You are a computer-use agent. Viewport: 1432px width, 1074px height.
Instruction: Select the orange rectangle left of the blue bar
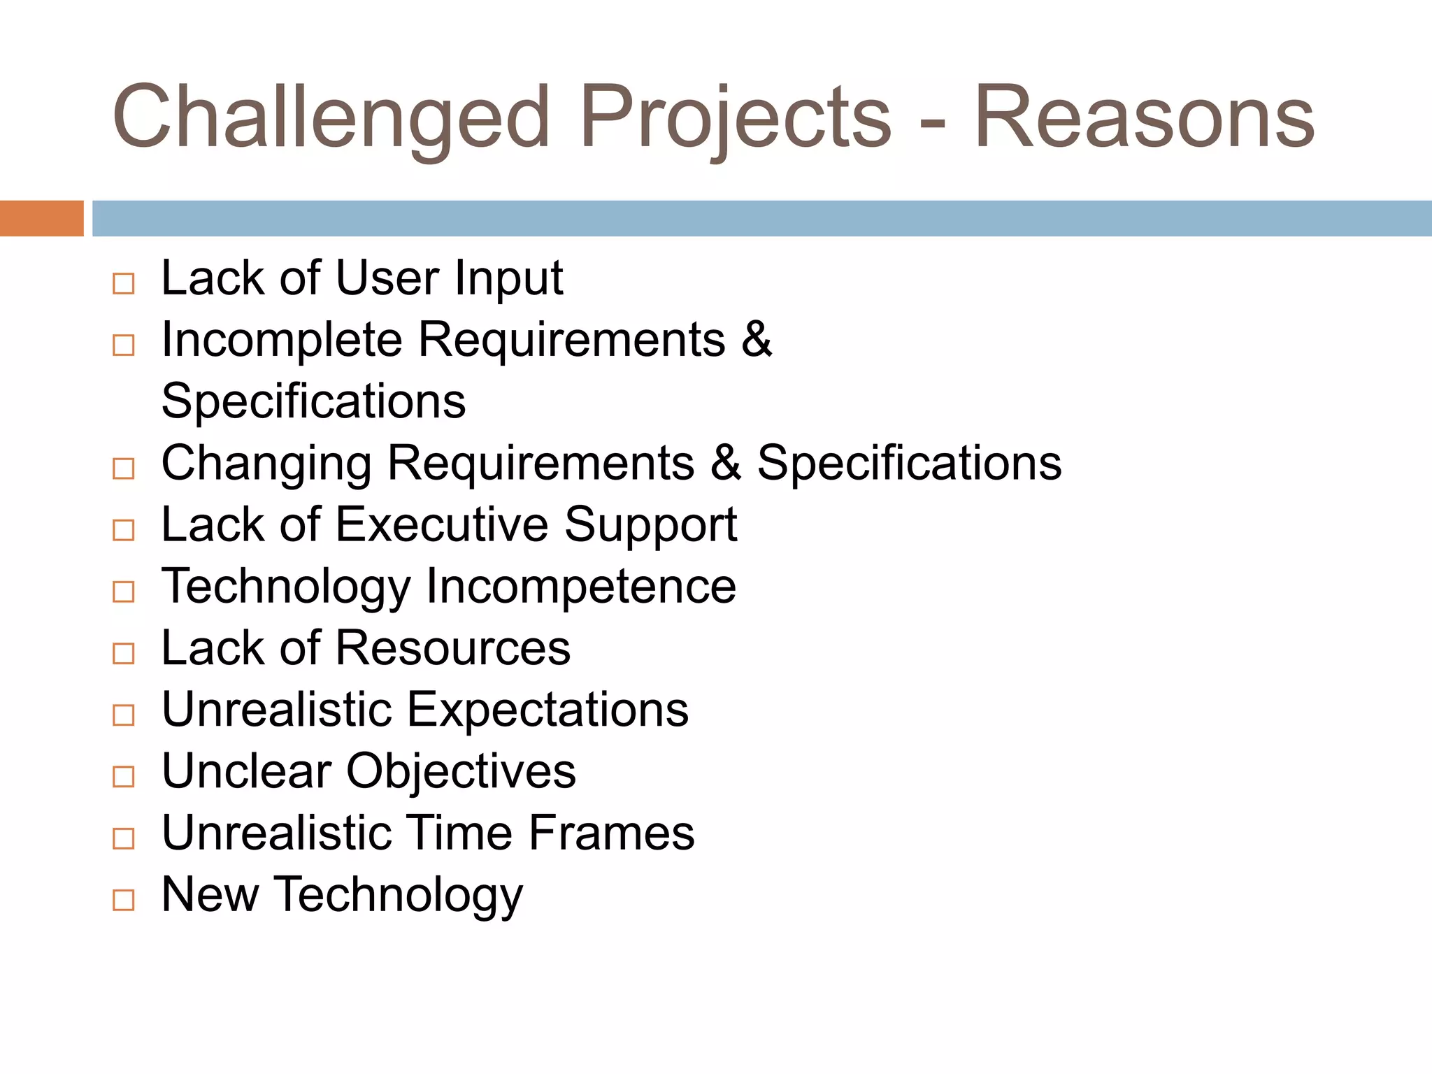pyautogui.click(x=41, y=218)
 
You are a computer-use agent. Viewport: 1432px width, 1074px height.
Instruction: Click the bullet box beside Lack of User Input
pyautogui.click(x=124, y=283)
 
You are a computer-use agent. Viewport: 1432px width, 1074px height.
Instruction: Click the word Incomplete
pyautogui.click(x=282, y=341)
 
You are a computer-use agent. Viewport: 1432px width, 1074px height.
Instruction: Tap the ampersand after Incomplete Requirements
pyautogui.click(x=756, y=339)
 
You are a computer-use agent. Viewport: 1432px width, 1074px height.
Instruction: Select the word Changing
pyautogui.click(x=266, y=464)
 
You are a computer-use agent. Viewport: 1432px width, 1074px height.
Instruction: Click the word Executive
pyautogui.click(x=442, y=524)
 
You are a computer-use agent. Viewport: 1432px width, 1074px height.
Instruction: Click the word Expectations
pyautogui.click(x=547, y=710)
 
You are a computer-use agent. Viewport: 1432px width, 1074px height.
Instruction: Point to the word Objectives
pyautogui.click(x=461, y=771)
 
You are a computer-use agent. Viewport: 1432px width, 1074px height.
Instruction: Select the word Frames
pyautogui.click(x=611, y=833)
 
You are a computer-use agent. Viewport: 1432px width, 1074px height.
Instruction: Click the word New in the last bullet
pyautogui.click(x=210, y=894)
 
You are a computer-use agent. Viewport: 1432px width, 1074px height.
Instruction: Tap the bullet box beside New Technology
pyautogui.click(x=124, y=899)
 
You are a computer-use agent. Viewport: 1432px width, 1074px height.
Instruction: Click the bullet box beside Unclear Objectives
pyautogui.click(x=124, y=776)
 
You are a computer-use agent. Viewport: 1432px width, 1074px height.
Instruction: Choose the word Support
pyautogui.click(x=650, y=526)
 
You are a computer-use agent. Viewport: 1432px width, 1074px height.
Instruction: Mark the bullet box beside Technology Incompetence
pyautogui.click(x=124, y=592)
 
